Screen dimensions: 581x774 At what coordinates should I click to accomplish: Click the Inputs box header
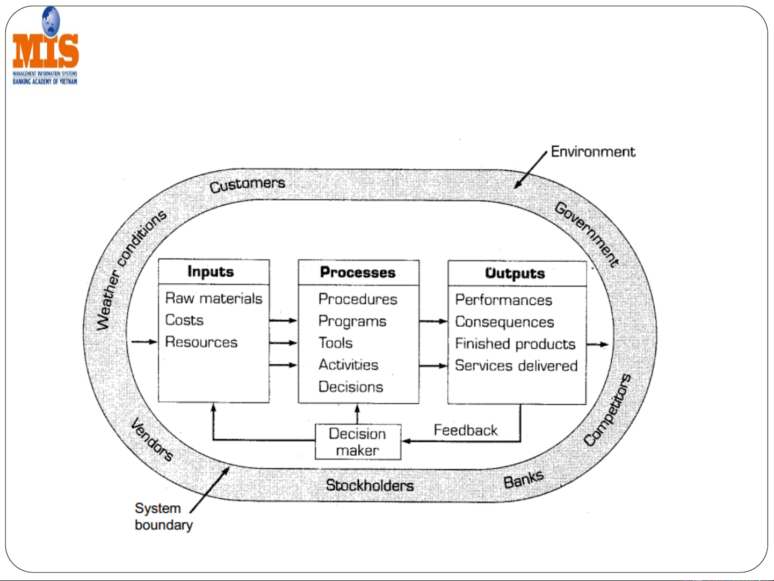point(211,271)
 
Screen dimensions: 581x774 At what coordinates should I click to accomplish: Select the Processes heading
point(358,272)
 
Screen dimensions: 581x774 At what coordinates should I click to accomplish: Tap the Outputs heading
point(515,273)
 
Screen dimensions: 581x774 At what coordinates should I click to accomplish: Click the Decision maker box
point(358,442)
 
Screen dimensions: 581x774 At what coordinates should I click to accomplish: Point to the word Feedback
point(466,431)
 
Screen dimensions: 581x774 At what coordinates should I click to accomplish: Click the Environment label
point(593,152)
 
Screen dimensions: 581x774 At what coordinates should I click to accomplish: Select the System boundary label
point(163,517)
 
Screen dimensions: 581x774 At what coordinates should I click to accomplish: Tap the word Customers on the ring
point(247,185)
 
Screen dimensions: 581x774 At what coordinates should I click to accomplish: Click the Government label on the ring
point(587,234)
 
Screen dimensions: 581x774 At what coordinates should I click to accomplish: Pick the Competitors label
point(607,410)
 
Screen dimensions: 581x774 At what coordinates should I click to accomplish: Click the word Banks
point(523,478)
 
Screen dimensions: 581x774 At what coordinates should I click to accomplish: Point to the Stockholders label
point(370,485)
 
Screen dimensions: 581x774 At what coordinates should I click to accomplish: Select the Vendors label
point(153,439)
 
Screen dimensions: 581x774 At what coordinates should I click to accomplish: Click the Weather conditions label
point(131,269)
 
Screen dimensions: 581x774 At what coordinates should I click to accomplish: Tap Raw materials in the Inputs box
point(214,298)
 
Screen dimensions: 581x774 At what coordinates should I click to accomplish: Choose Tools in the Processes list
point(336,343)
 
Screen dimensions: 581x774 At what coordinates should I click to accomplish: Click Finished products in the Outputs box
point(515,344)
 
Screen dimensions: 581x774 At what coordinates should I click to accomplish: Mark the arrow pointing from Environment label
point(530,170)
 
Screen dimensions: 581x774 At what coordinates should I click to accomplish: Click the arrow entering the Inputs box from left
point(144,342)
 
